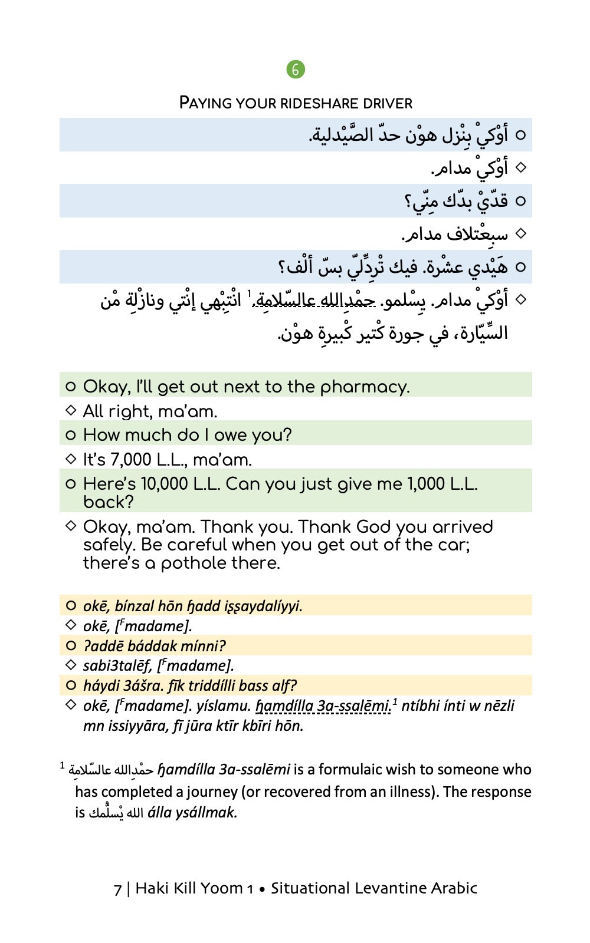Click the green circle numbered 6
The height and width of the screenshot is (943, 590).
coord(296,70)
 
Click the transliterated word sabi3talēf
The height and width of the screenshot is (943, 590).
coord(116,666)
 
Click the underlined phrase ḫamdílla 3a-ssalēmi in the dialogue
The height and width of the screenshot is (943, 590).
coord(323,705)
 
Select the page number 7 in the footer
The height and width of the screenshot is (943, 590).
coord(118,889)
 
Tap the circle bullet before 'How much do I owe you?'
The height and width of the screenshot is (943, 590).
coord(71,436)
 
